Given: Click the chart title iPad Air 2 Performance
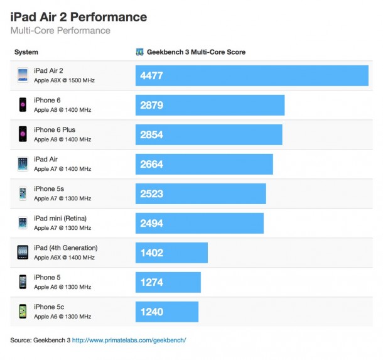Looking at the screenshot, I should [78, 16].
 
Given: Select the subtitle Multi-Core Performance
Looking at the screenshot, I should [60, 30].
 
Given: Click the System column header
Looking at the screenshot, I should [26, 52].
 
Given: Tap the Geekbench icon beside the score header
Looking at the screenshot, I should [139, 52].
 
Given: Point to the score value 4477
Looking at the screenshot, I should [152, 75].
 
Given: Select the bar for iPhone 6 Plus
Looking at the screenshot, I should [208, 134].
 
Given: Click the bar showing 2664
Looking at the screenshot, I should [204, 164].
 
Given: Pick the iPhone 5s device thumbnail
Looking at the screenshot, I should [23, 193].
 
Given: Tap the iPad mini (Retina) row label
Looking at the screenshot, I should [60, 219].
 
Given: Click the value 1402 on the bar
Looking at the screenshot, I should [152, 253].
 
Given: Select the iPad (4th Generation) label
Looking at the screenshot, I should [65, 248].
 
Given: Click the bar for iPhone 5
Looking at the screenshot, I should [168, 282].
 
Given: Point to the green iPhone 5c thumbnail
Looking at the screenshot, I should [23, 311].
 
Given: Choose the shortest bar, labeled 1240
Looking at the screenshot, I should [166, 312].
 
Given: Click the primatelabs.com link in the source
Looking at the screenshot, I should [129, 340].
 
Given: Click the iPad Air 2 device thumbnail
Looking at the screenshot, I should [23, 75].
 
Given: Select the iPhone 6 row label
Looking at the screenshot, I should [47, 101].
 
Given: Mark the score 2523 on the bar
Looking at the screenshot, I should [152, 194].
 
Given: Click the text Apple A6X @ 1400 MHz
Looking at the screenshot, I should [64, 258].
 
